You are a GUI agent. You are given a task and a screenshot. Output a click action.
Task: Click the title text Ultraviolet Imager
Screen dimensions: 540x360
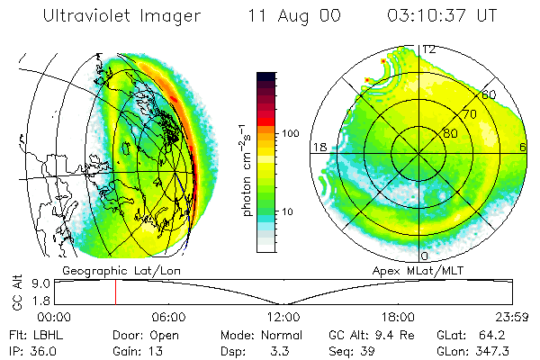pyautogui.click(x=121, y=16)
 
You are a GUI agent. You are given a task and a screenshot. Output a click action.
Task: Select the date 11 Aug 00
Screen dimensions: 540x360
pyautogui.click(x=294, y=16)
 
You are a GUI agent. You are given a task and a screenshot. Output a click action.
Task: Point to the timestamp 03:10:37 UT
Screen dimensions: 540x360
pyautogui.click(x=442, y=15)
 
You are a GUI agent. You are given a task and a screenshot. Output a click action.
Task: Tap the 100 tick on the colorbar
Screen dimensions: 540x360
pyautogui.click(x=291, y=133)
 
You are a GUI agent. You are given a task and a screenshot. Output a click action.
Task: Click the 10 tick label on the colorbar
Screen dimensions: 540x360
pyautogui.click(x=287, y=211)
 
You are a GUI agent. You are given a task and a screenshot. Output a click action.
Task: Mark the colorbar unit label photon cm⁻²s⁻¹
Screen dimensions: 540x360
pyautogui.click(x=247, y=170)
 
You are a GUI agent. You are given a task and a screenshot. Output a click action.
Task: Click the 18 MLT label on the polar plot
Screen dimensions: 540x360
pyautogui.click(x=319, y=147)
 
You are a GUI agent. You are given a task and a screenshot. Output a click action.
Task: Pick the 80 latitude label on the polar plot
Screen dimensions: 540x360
pyautogui.click(x=450, y=133)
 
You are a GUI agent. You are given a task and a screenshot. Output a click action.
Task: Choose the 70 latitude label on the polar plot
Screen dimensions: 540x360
pyautogui.click(x=470, y=114)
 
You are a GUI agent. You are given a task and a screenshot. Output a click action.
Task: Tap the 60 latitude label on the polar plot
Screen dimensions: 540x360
pyautogui.click(x=489, y=94)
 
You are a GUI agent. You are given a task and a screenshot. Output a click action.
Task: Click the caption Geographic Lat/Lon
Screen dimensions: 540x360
pyautogui.click(x=121, y=271)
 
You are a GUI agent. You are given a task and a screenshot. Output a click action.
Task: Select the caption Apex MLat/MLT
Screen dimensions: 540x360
pyautogui.click(x=418, y=271)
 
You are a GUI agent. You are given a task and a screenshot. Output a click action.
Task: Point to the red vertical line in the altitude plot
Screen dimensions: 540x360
pyautogui.click(x=116, y=292)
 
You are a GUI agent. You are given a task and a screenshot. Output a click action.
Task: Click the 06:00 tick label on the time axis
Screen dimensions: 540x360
pyautogui.click(x=169, y=317)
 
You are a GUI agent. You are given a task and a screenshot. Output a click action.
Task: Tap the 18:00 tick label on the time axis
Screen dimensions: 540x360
pyautogui.click(x=398, y=317)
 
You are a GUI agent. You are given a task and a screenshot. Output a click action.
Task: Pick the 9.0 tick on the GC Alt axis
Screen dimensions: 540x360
pyautogui.click(x=41, y=283)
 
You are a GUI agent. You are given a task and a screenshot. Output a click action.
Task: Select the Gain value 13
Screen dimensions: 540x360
pyautogui.click(x=156, y=351)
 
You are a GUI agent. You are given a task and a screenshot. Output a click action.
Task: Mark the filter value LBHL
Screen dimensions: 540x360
pyautogui.click(x=49, y=335)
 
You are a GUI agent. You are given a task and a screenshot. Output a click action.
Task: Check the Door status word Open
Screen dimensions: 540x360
pyautogui.click(x=165, y=336)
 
